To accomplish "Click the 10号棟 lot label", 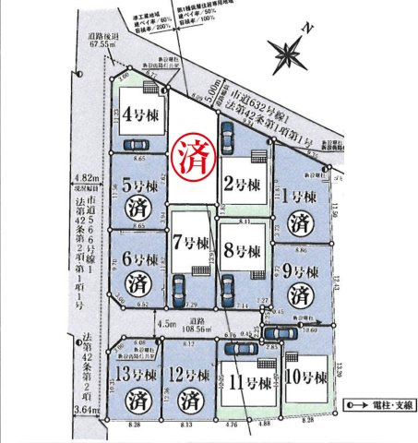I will pos(306,378).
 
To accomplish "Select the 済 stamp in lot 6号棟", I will pos(137,279).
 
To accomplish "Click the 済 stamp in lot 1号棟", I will pos(298,222).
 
